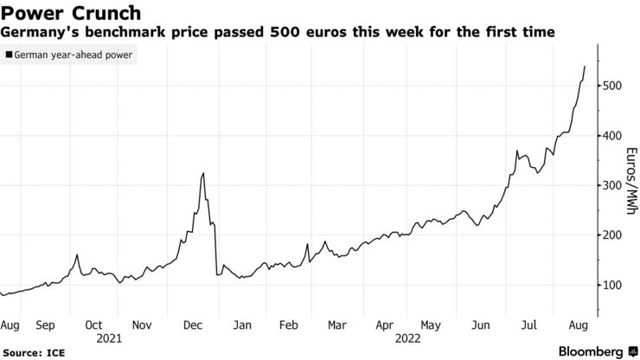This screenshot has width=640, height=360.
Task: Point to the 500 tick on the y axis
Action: (611, 86)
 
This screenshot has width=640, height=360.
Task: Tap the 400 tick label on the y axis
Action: (611, 136)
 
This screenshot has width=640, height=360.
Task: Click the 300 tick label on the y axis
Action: (611, 186)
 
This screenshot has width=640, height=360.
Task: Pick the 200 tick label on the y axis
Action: (611, 235)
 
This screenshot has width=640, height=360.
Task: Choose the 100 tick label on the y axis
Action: (611, 286)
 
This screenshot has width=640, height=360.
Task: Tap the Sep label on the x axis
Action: (45, 325)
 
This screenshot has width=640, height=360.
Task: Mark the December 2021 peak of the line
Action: (203, 173)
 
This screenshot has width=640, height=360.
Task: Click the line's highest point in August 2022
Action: (585, 67)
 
